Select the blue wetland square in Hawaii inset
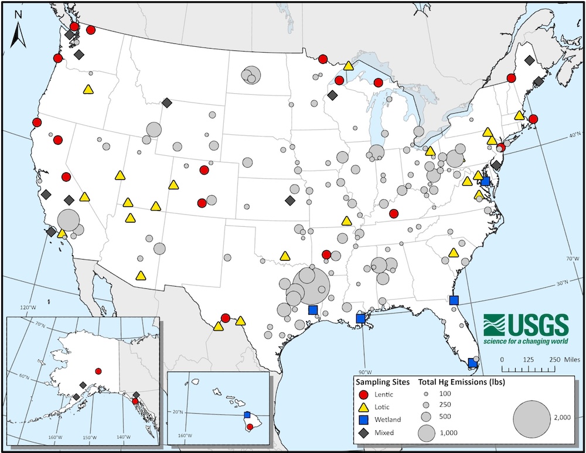pos(247,414)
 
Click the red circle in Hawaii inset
pos(250,427)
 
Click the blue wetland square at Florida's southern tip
pos(472,363)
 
